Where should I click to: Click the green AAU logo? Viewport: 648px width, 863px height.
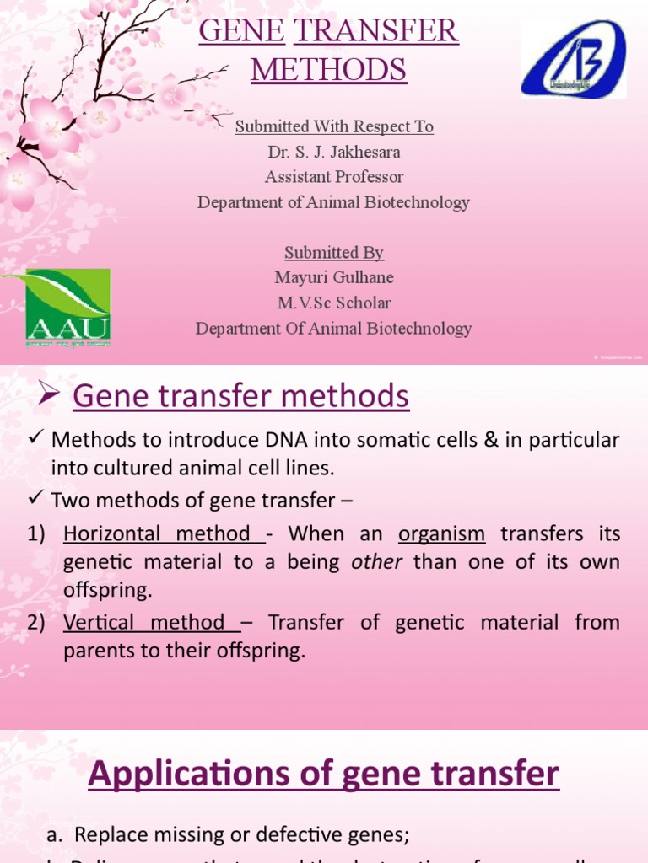pyautogui.click(x=56, y=307)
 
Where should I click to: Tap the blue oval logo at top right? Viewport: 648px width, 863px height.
pyautogui.click(x=573, y=59)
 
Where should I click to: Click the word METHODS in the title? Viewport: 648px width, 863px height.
pyautogui.click(x=329, y=69)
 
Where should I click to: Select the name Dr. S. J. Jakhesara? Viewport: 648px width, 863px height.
pyautogui.click(x=334, y=152)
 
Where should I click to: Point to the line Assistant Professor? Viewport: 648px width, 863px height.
pyautogui.click(x=334, y=177)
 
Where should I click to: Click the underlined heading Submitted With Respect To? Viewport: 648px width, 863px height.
pyautogui.click(x=334, y=127)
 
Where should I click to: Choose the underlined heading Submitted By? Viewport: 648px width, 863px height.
pyautogui.click(x=334, y=253)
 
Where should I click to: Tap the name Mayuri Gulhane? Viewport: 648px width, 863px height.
pyautogui.click(x=334, y=277)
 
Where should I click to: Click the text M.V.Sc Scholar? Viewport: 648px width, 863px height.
pyautogui.click(x=334, y=303)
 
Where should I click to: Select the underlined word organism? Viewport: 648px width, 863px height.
pyautogui.click(x=441, y=534)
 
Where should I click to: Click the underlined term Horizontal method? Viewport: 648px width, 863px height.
pyautogui.click(x=157, y=534)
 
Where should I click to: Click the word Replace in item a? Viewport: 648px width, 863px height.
pyautogui.click(x=105, y=835)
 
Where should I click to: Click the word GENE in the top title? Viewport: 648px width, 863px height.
pyautogui.click(x=241, y=32)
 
